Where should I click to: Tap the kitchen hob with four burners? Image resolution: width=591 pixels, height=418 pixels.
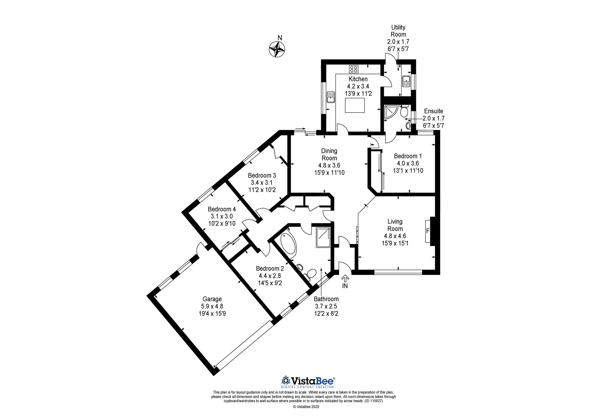(x=353, y=69)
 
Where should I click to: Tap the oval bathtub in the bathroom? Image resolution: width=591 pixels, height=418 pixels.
(x=288, y=243)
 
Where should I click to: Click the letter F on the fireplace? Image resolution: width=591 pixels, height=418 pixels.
(x=428, y=231)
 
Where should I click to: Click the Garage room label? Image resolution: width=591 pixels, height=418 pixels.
(x=212, y=299)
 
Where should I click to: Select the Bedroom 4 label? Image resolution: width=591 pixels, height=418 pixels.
(x=222, y=209)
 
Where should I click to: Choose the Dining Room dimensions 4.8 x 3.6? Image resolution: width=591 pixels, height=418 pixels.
(x=329, y=165)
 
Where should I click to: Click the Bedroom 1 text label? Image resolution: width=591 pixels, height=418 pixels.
(x=408, y=156)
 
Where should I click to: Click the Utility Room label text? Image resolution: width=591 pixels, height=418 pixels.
(x=398, y=31)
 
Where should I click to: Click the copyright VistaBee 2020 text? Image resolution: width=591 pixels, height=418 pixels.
(x=306, y=414)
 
